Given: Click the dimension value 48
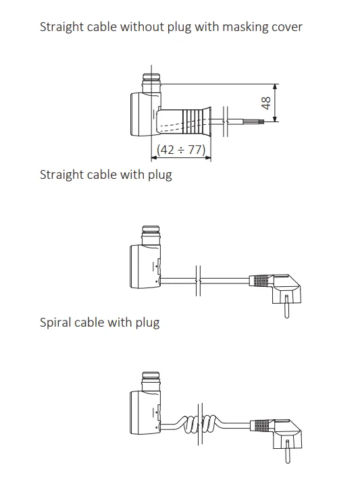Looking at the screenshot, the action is [266, 103].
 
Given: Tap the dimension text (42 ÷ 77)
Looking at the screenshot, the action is [181, 150].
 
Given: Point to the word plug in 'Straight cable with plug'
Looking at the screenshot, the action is [160, 175].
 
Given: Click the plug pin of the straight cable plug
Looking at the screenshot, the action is [287, 307].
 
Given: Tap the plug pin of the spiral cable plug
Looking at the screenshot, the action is [287, 452].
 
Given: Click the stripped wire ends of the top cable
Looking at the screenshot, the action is [255, 121].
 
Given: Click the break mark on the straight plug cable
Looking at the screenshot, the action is [198, 281].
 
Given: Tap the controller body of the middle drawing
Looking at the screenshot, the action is [145, 266].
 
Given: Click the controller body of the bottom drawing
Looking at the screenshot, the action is [145, 412].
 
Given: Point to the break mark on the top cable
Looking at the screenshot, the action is [226, 121].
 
